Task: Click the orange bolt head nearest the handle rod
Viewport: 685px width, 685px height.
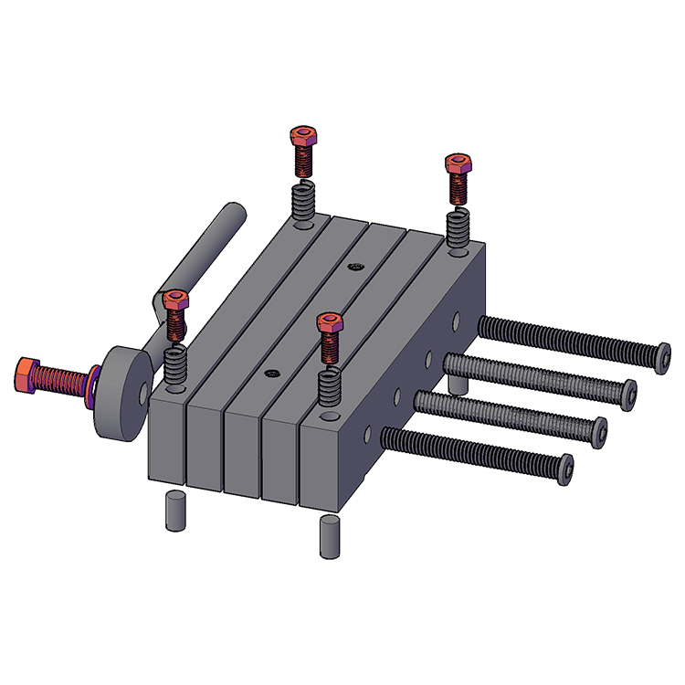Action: (x=174, y=299)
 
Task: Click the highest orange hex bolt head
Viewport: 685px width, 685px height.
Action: (x=302, y=138)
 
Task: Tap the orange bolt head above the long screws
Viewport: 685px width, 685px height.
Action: (x=458, y=164)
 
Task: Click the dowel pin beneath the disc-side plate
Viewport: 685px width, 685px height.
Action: (x=171, y=511)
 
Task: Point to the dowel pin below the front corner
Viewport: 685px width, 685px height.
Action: (x=329, y=537)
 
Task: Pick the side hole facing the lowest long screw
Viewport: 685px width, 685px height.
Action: (x=368, y=429)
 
